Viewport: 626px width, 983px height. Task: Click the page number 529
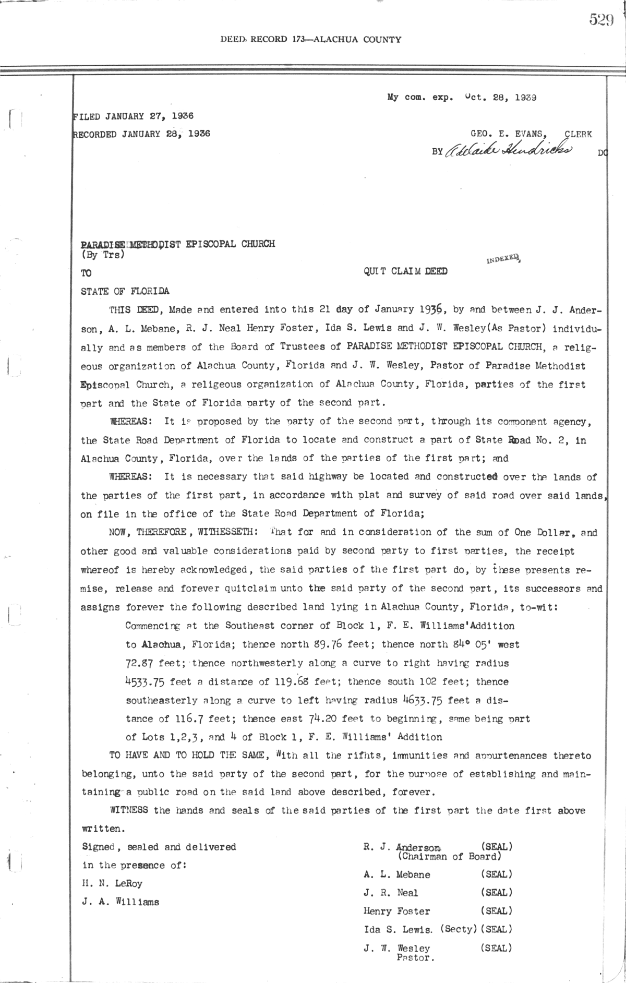[x=601, y=20]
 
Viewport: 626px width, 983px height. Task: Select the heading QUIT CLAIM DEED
[x=405, y=271]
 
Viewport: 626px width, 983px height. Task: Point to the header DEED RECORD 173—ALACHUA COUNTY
[x=310, y=40]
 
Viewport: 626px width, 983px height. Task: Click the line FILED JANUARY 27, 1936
[x=134, y=116]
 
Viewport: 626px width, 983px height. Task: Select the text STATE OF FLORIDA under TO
[x=125, y=291]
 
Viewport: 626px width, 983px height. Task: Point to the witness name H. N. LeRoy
[x=112, y=884]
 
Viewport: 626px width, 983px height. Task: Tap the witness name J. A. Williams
[x=121, y=902]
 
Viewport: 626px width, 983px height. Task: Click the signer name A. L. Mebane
[x=397, y=874]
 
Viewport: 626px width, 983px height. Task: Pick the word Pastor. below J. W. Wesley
[x=416, y=957]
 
